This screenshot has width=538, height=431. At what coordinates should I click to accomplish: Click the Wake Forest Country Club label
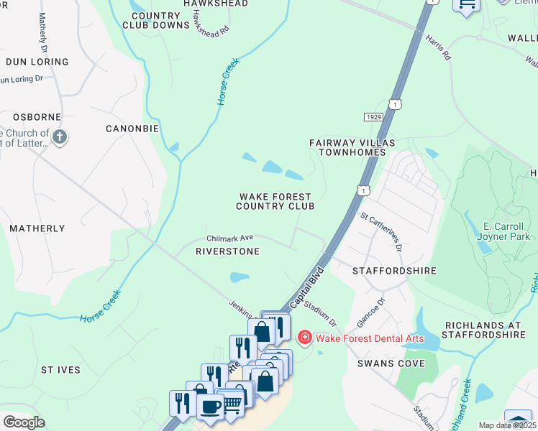275,201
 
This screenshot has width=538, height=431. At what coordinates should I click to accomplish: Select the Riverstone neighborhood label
227,251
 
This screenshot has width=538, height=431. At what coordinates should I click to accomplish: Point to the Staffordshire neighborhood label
394,271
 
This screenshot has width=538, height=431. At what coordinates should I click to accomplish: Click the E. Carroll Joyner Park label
503,231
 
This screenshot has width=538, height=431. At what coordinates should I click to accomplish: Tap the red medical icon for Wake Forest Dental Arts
304,337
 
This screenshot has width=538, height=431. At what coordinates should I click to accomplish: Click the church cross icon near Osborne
60,136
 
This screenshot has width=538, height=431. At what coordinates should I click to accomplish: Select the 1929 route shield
373,116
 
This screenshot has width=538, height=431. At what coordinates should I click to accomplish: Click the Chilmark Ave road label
230,238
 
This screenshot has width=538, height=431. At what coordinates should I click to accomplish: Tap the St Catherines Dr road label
381,231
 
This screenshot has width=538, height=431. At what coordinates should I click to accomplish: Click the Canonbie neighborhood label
132,129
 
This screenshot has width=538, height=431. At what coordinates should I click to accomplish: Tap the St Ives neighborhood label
60,370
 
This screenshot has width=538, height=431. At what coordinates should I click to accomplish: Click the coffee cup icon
210,407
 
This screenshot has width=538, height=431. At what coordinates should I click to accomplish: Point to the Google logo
24,422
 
